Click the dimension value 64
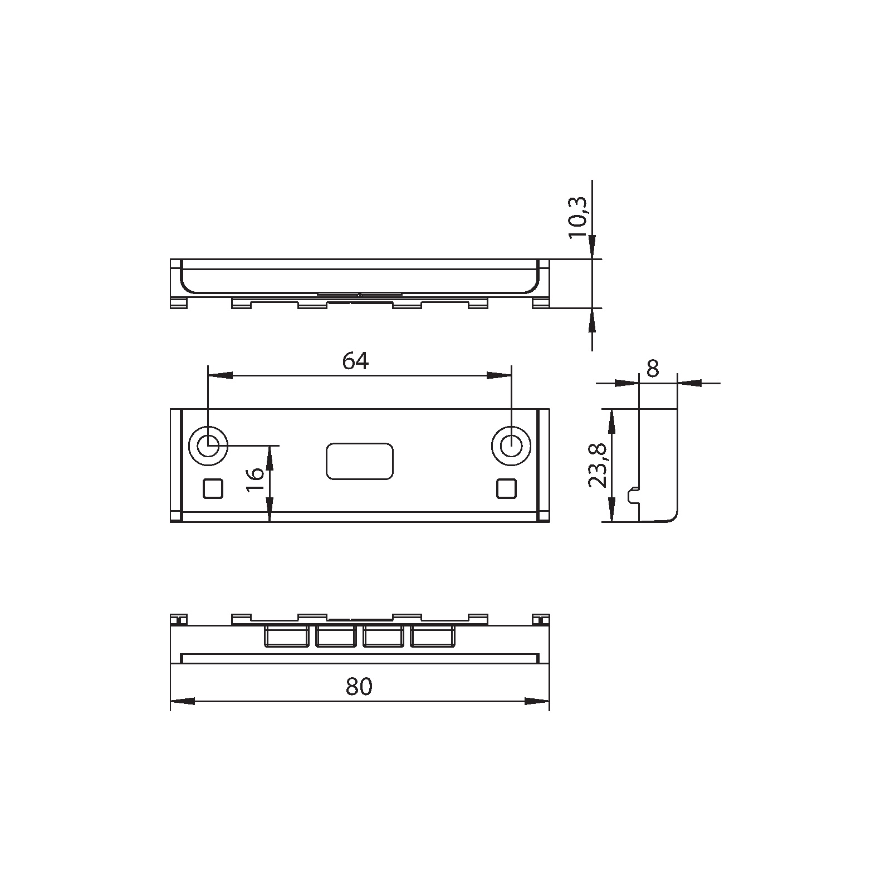coord(355,361)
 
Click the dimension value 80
coord(359,687)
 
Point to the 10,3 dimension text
coord(578,218)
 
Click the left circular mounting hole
coord(208,446)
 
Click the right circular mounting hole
coord(511,446)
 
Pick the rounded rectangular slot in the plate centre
coord(360,461)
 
